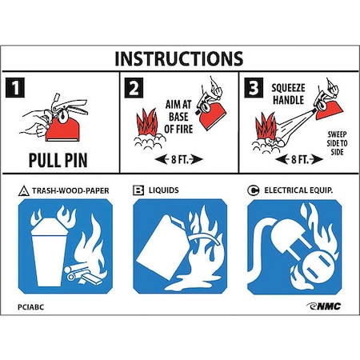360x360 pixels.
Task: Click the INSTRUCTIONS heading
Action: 178,58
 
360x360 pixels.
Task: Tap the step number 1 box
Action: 15,87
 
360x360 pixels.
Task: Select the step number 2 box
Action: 134,88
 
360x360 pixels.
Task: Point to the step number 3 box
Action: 254,87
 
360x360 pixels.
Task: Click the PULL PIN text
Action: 58,160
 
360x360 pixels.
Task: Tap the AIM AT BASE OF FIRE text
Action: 178,117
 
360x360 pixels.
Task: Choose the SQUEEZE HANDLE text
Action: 288,94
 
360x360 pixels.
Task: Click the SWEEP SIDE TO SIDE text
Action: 337,143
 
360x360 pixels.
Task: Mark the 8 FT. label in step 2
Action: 179,159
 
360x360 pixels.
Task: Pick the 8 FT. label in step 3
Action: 300,159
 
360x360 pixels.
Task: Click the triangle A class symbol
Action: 24,191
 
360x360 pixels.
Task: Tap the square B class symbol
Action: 138,190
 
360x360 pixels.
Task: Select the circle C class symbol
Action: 253,190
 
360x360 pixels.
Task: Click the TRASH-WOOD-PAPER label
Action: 70,191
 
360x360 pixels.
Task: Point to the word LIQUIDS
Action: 163,190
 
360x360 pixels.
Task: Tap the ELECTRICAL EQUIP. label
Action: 298,190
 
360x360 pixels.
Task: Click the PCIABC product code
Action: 30,307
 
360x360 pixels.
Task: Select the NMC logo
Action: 324,306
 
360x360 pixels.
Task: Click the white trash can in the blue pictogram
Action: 49,250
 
